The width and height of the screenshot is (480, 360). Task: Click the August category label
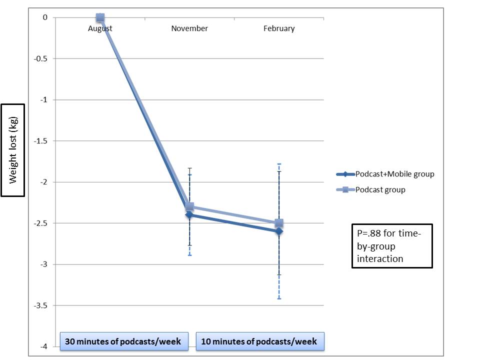coord(100,28)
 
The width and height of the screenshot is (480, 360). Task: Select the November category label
coord(189,28)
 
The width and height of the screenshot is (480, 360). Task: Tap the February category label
coord(279,28)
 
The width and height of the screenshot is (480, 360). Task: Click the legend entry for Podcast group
coord(380,190)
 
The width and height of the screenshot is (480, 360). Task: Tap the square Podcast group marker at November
coord(189,206)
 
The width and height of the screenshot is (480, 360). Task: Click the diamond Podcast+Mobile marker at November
coord(189,215)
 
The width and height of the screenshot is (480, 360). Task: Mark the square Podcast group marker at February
coord(279,222)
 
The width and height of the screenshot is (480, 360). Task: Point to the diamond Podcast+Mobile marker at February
coord(279,231)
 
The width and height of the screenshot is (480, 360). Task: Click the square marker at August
coord(100,17)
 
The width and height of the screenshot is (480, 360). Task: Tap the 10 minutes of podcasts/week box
coord(259,341)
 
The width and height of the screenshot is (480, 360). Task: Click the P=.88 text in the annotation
coord(371,233)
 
